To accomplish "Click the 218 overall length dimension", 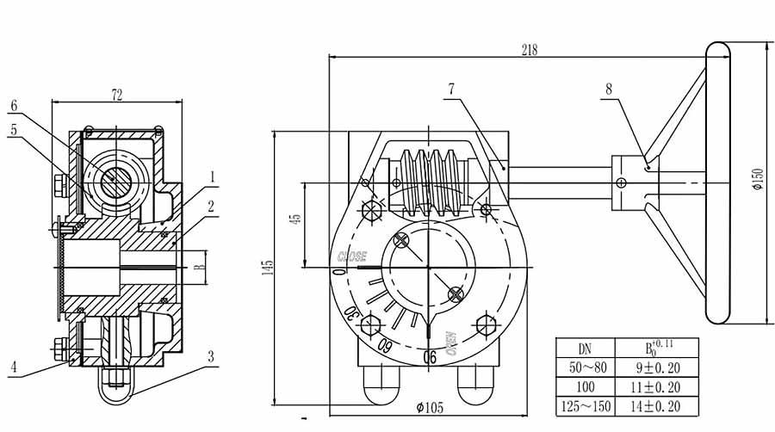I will pyautogui.click(x=529, y=50).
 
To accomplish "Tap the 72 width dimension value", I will pyautogui.click(x=117, y=92).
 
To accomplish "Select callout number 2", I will pyautogui.click(x=213, y=207).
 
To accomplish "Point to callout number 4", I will pyautogui.click(x=14, y=365).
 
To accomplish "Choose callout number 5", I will pyautogui.click(x=14, y=129).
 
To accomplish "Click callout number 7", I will pyautogui.click(x=450, y=89).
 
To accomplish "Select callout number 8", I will pyautogui.click(x=609, y=89).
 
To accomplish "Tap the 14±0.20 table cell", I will pyautogui.click(x=659, y=406).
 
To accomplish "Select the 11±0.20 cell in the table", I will pyautogui.click(x=659, y=387).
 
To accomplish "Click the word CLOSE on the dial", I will pyautogui.click(x=351, y=256).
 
